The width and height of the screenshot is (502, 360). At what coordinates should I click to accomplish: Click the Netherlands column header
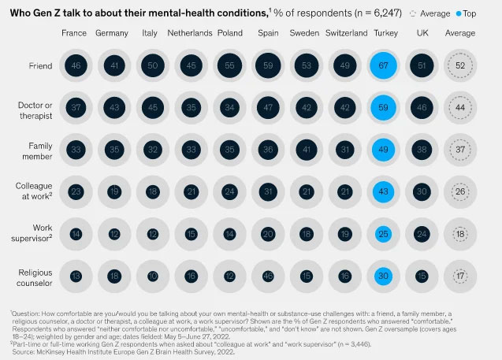pos(190,33)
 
